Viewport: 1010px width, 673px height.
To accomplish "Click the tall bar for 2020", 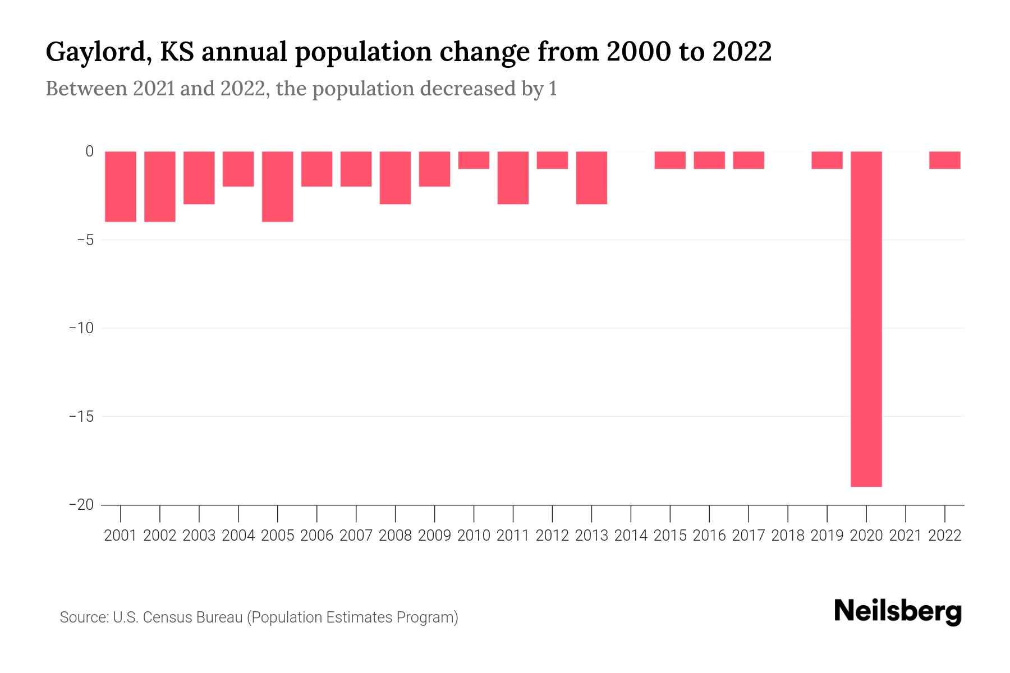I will (866, 319).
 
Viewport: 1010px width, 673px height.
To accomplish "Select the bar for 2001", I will (121, 186).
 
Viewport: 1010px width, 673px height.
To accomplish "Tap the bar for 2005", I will (278, 186).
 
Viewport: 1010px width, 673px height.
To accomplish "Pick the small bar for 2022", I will (944, 160).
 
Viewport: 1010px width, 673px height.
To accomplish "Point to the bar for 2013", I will (591, 177).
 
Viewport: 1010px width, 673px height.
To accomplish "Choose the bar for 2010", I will (474, 160).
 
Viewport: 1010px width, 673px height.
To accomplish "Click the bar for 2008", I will (395, 177).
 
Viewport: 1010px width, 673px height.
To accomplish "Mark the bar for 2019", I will (827, 160).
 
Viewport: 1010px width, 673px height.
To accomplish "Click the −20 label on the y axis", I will (81, 505).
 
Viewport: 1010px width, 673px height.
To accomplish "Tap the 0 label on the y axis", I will (89, 151).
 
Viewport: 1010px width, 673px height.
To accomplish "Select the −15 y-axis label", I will (81, 417).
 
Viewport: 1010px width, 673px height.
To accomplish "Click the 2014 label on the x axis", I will (631, 536).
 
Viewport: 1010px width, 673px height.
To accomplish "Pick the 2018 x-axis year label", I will (787, 536).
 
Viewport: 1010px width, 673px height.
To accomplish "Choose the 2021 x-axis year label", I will (905, 536).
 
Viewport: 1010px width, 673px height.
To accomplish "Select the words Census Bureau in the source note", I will (192, 617).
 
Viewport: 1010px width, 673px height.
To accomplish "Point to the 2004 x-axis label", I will (238, 536).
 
